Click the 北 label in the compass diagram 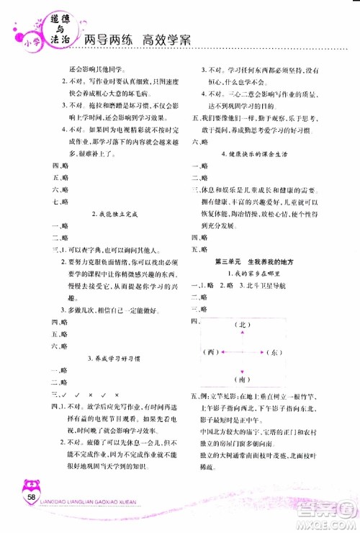point(243,325)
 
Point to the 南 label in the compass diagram point(243,379)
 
